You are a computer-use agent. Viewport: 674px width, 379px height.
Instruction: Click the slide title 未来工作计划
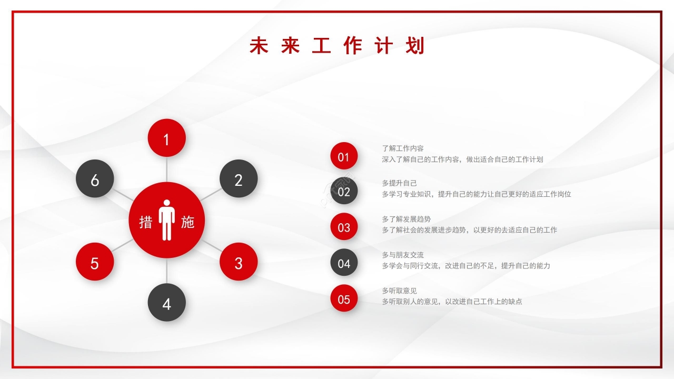pos(337,46)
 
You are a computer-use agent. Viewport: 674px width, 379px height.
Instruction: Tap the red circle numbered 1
pos(166,138)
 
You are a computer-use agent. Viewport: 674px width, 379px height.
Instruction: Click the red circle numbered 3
pos(239,262)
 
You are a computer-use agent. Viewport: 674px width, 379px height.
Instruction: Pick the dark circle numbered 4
pos(166,303)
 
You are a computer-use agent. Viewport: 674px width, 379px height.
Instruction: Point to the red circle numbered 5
pos(95,262)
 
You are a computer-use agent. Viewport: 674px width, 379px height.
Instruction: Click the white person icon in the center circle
pos(167,220)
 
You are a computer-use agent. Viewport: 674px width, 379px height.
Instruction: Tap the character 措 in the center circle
pos(145,222)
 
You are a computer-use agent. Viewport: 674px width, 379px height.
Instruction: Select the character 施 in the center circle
pos(187,222)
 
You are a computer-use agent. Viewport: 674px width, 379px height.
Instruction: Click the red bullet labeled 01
pos(344,156)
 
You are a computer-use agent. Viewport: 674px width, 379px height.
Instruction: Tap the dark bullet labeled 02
pos(344,191)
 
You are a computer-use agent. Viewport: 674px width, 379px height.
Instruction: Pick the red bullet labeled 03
pos(344,227)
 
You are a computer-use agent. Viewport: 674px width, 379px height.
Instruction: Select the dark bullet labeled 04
pos(344,263)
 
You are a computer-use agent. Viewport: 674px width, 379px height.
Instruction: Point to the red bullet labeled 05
pos(344,298)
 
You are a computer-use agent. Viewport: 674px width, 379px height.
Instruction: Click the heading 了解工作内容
pos(403,148)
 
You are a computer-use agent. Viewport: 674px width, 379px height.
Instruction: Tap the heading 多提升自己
pos(399,183)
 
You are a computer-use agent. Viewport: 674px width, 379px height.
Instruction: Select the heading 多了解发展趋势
pos(406,219)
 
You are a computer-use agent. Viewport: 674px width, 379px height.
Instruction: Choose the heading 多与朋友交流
pos(403,255)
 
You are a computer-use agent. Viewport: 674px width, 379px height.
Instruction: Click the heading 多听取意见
pos(399,291)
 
